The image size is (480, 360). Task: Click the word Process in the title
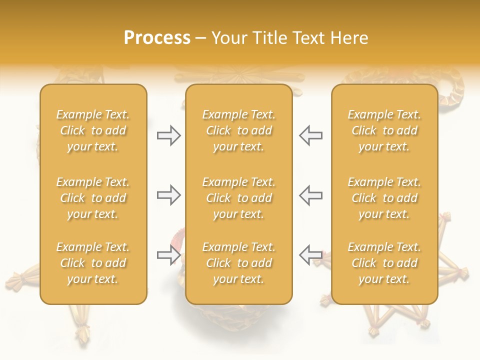(157, 38)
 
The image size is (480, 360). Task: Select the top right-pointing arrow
(168, 135)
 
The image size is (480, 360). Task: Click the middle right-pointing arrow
(168, 195)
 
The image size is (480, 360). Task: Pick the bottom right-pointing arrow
(168, 255)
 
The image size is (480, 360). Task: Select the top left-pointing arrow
(310, 135)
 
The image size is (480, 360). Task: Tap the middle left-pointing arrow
(310, 195)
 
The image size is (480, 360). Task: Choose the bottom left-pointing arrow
(310, 255)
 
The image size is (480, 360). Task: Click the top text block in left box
(93, 130)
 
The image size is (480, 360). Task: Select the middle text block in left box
(93, 198)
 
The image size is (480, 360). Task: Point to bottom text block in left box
(93, 263)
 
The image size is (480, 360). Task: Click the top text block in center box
(238, 130)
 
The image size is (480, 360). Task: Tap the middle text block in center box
(238, 198)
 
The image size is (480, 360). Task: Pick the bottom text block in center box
(238, 263)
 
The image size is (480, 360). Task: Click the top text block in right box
(384, 130)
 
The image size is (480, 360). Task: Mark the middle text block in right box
(384, 198)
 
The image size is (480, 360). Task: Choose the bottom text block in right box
(384, 263)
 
